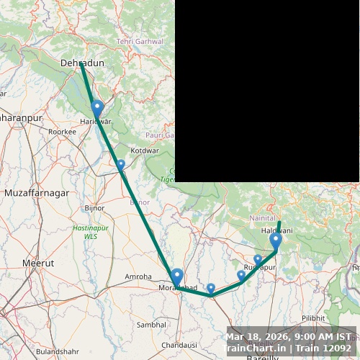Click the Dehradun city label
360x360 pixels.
point(83,63)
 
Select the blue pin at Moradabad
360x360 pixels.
point(176,276)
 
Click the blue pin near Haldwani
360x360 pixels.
point(276,240)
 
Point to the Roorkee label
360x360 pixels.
point(62,132)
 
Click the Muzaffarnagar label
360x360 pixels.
point(37,194)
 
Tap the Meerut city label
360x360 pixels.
point(38,264)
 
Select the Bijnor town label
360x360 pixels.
point(94,208)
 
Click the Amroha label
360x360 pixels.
point(138,276)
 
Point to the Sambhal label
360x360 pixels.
point(151,325)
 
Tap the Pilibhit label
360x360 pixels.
point(313,318)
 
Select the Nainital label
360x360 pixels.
point(261,217)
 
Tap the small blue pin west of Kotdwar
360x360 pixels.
point(120,165)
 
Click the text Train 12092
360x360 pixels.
point(328,348)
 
